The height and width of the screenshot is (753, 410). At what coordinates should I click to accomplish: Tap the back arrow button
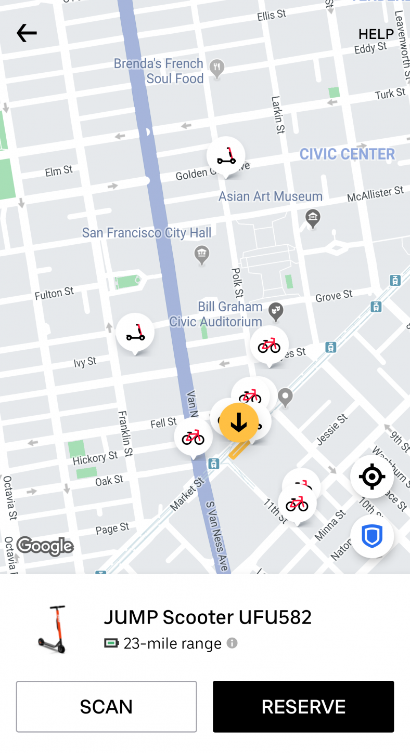point(27,33)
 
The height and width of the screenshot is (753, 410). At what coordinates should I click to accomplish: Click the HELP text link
point(376,34)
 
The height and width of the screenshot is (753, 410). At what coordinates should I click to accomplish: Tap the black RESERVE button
point(303,706)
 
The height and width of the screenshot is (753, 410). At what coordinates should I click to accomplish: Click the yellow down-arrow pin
point(239,422)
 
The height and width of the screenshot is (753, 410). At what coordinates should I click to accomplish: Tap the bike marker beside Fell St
point(193,437)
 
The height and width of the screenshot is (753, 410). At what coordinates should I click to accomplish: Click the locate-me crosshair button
point(371,477)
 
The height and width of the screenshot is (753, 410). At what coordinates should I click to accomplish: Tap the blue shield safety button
point(371,536)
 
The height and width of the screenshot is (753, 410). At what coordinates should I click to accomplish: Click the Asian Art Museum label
point(271,196)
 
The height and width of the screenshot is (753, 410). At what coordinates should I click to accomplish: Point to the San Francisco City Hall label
point(147,233)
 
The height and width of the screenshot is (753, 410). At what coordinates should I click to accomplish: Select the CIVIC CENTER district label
point(347,154)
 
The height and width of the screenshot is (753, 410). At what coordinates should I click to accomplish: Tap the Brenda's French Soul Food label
point(159,71)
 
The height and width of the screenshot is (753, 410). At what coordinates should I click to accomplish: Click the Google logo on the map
point(45,546)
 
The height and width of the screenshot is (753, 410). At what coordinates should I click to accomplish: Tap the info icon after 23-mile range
point(232,643)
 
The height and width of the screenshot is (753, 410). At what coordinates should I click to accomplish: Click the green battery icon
point(111,643)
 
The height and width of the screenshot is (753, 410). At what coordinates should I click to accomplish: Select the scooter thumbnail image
point(53,629)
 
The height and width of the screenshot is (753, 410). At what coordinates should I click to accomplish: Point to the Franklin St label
point(125,434)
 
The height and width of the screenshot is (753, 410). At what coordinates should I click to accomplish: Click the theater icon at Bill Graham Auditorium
point(275,311)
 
